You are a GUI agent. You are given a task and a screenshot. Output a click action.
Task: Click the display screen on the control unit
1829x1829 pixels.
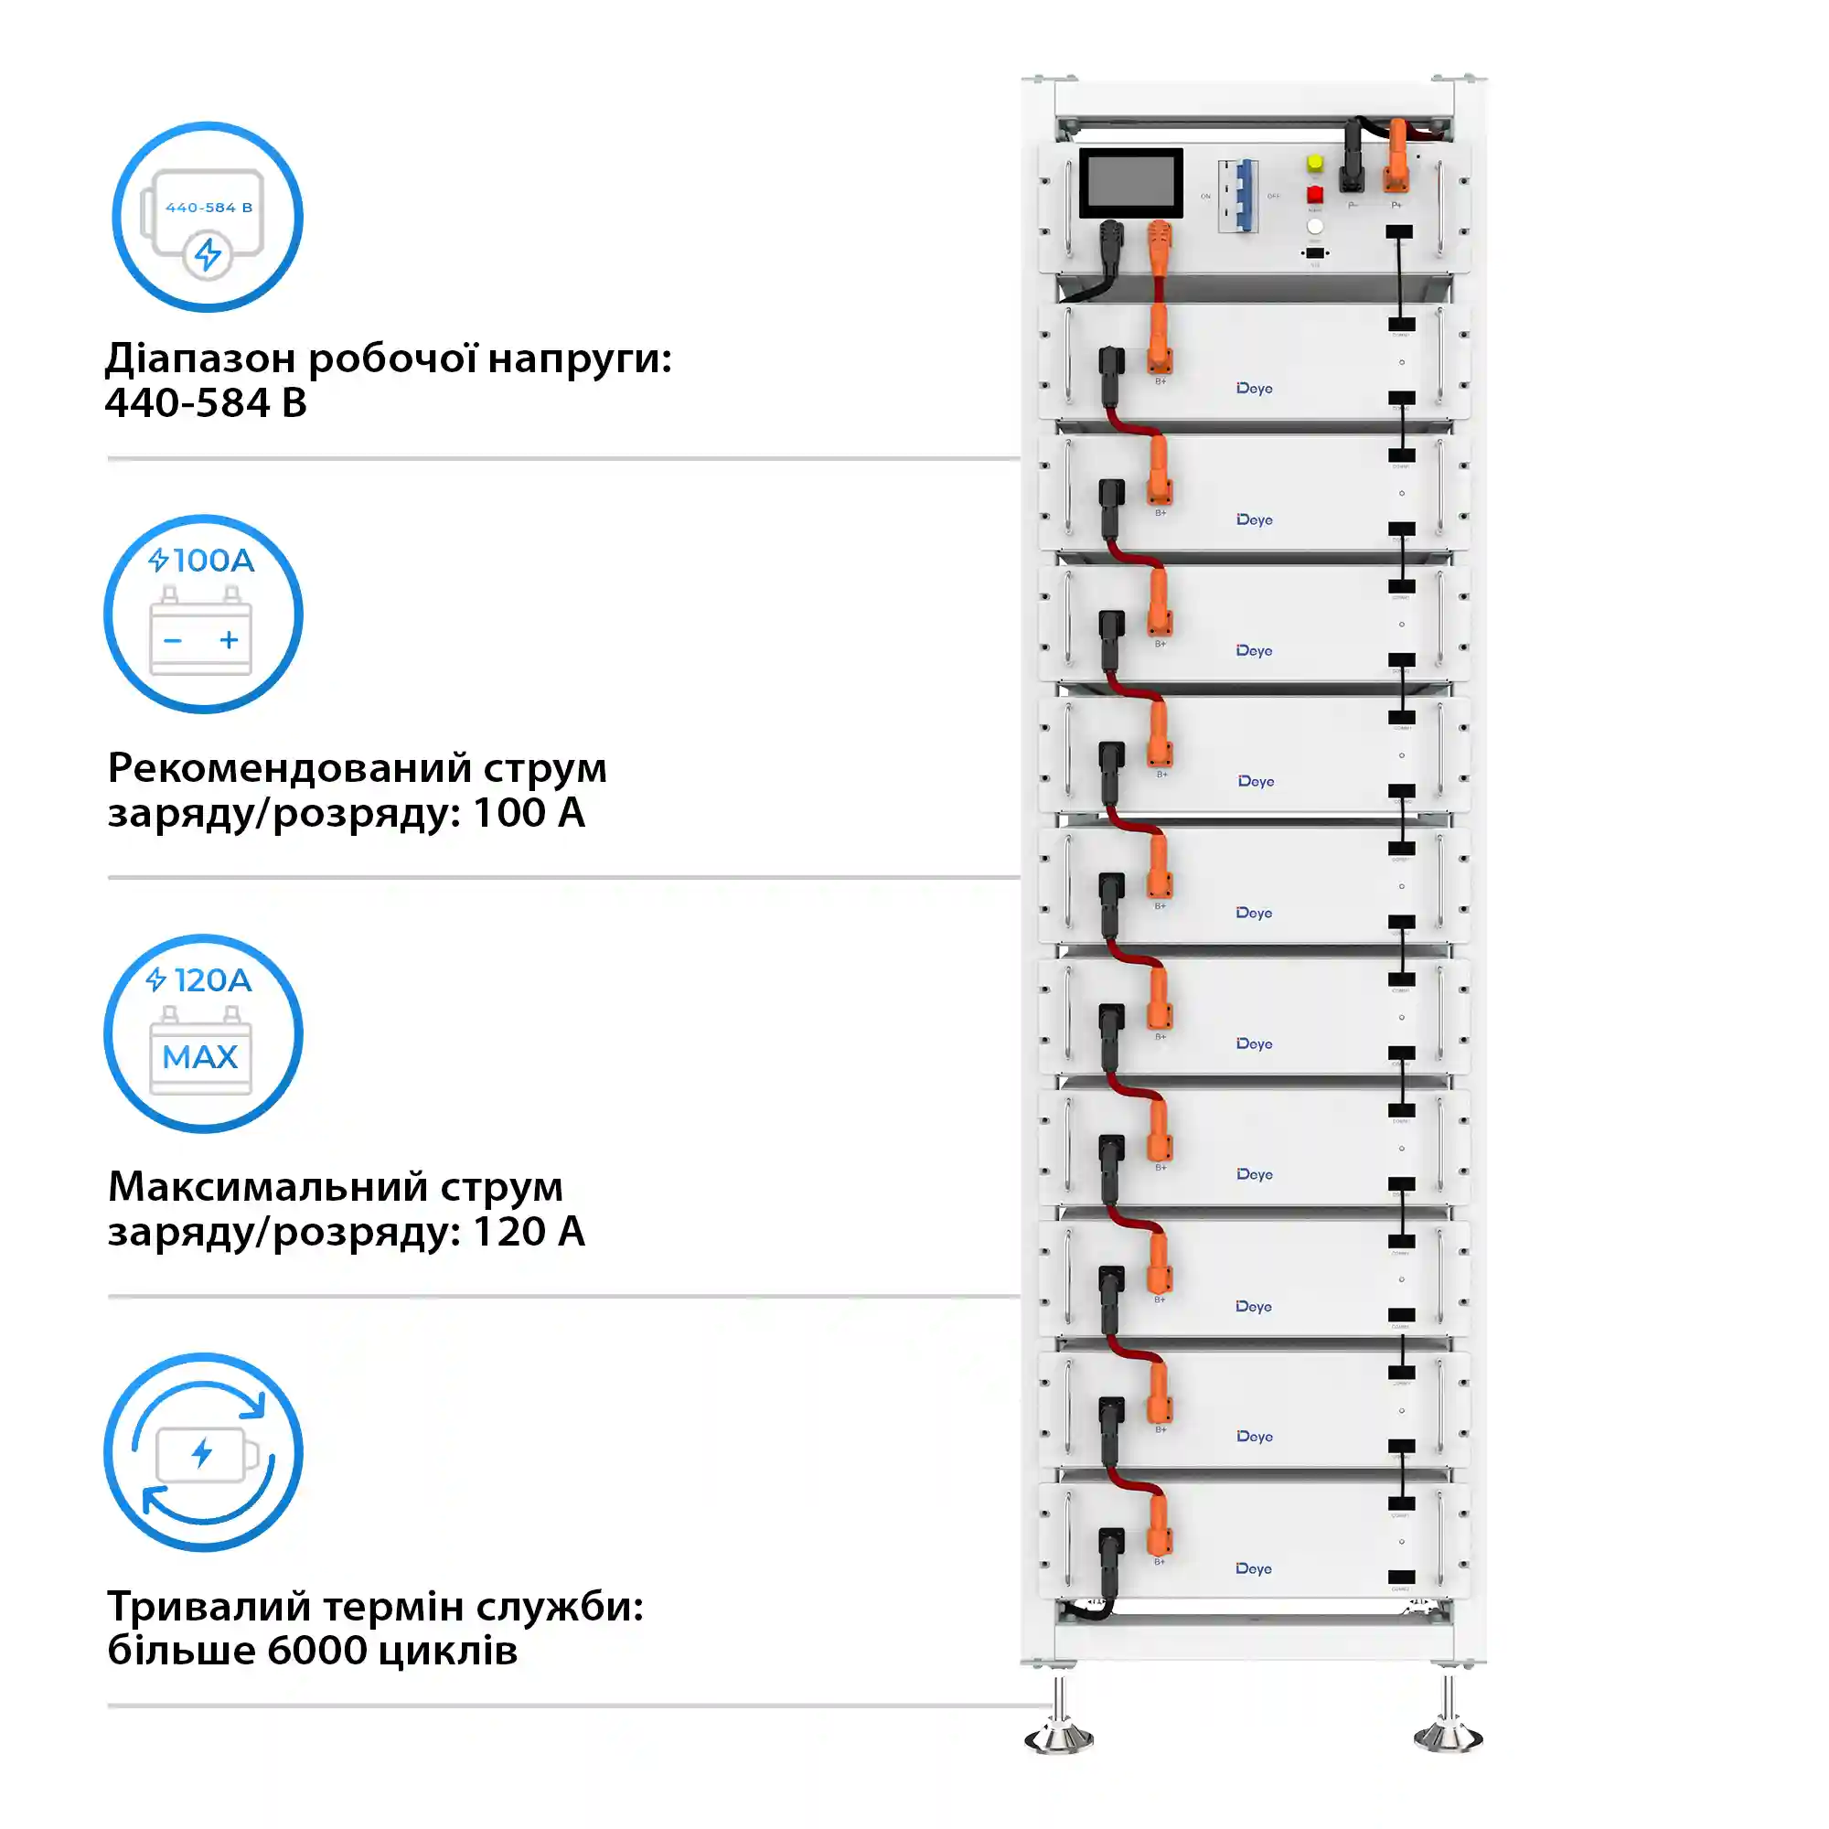pyautogui.click(x=1130, y=184)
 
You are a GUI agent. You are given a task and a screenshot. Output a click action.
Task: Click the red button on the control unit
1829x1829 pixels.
pyautogui.click(x=1315, y=194)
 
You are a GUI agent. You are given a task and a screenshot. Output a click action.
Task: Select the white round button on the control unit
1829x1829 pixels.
pyautogui.click(x=1315, y=226)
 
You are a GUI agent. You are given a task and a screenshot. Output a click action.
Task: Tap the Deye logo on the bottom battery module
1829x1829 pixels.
pyautogui.click(x=1254, y=1569)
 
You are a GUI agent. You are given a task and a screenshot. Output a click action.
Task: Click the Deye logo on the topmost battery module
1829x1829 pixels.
pyautogui.click(x=1254, y=389)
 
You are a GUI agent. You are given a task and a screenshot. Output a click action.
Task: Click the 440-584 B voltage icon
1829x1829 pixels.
pyautogui.click(x=208, y=216)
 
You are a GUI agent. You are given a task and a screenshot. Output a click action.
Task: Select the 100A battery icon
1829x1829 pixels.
pyautogui.click(x=204, y=614)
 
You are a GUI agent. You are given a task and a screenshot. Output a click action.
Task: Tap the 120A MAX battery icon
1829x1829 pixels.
pyautogui.click(x=204, y=1032)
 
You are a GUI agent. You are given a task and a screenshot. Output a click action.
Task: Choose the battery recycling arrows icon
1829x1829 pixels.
pyautogui.click(x=204, y=1452)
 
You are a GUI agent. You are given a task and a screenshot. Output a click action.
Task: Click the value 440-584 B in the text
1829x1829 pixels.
pyautogui.click(x=206, y=403)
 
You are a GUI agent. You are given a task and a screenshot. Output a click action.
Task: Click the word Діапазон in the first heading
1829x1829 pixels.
pyautogui.click(x=199, y=358)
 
